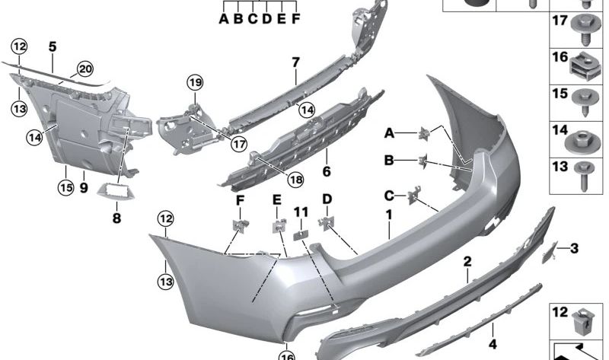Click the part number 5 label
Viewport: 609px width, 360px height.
coord(53,47)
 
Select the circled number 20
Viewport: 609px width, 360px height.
coord(85,69)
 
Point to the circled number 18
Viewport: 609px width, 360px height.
coord(295,179)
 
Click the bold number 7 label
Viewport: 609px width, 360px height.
coord(296,62)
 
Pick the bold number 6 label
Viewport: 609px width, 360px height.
coord(327,171)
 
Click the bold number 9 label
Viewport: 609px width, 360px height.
coord(84,188)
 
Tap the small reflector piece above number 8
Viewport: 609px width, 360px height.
coord(116,192)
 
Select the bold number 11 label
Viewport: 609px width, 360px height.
coord(301,212)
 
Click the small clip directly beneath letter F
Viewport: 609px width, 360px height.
coord(240,225)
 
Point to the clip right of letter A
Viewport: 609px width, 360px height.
coord(424,133)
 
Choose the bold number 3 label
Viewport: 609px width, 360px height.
coord(574,248)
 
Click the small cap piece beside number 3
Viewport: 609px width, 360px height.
coord(550,252)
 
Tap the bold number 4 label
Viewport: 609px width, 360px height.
coord(493,344)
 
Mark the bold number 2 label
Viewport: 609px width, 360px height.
coord(467,262)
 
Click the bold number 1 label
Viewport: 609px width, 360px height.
coord(389,215)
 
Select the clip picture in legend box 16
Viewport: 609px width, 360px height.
coord(585,66)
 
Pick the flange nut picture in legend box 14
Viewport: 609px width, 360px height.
coord(582,142)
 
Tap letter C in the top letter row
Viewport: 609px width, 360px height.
coord(253,18)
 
